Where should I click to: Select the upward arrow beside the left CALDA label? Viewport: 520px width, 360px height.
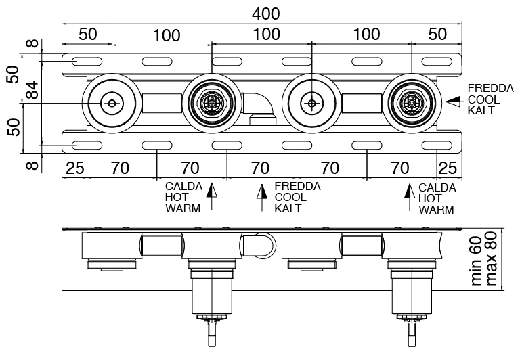[x=212, y=197]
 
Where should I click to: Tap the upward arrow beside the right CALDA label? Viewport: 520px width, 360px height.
[x=408, y=197]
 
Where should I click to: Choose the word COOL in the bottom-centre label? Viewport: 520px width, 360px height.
[x=290, y=198]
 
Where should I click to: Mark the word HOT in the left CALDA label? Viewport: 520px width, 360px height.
[x=175, y=198]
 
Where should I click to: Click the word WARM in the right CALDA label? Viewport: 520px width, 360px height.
[x=436, y=209]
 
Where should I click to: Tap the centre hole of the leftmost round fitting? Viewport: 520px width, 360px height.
[x=111, y=104]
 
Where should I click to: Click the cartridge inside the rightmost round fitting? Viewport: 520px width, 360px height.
[x=410, y=104]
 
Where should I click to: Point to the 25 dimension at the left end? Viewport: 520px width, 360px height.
[x=74, y=167]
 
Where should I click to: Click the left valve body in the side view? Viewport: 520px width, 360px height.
[x=211, y=288]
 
